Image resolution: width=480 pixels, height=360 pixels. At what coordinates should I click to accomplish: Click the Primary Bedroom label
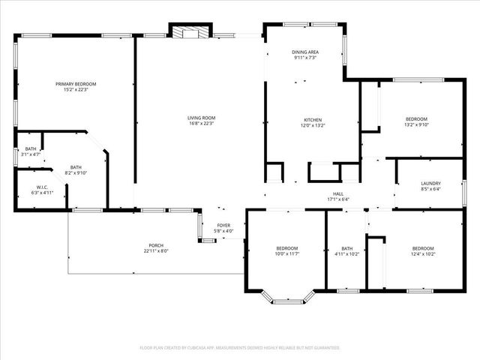[76, 84]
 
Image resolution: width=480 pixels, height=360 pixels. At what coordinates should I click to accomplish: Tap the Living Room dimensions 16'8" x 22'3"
[201, 124]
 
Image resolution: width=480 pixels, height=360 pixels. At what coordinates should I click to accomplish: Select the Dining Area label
[304, 52]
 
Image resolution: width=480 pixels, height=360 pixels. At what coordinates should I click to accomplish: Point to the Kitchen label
[313, 120]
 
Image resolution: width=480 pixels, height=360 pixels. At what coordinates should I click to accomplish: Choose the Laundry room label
[430, 183]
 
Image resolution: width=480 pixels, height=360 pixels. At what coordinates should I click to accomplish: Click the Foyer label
[223, 225]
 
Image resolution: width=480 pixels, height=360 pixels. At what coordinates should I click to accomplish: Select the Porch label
[156, 245]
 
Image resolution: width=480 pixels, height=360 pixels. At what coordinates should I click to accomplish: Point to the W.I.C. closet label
[42, 187]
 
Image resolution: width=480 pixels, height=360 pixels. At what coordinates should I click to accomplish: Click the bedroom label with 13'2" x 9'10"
[416, 119]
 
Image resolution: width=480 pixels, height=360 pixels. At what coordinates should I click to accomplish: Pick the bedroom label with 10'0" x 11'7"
[286, 248]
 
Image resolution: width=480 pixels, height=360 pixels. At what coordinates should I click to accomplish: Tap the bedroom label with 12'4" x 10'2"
[422, 248]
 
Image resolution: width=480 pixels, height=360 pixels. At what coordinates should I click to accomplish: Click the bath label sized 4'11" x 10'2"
[346, 248]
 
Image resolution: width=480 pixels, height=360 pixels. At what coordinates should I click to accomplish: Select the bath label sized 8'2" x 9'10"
[76, 167]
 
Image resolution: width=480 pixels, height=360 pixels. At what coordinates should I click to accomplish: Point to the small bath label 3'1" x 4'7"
[31, 148]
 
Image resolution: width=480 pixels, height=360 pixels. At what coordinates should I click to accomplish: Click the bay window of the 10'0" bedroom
[287, 300]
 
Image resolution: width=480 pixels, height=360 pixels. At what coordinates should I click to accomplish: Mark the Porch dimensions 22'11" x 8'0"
[156, 251]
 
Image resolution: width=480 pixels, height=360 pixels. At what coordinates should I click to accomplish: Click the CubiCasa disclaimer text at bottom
[240, 348]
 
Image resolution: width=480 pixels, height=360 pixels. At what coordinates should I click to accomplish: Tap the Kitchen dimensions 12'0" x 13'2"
[313, 126]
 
